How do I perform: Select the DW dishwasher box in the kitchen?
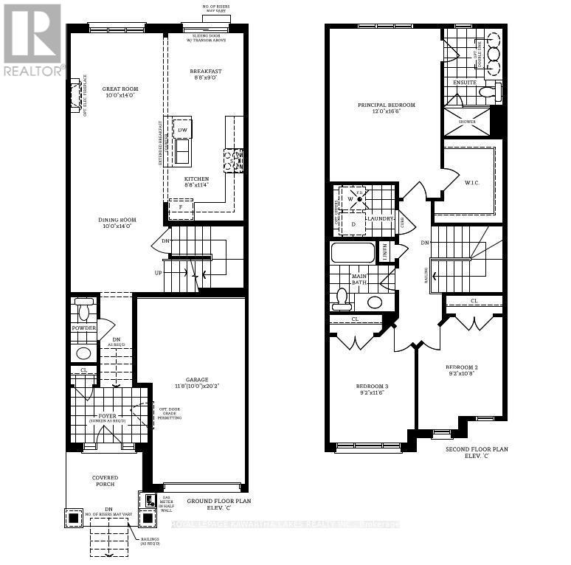[182, 130]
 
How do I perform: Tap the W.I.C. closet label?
[471, 182]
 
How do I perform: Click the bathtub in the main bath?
[353, 253]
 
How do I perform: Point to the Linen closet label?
[386, 252]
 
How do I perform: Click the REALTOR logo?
[32, 41]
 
